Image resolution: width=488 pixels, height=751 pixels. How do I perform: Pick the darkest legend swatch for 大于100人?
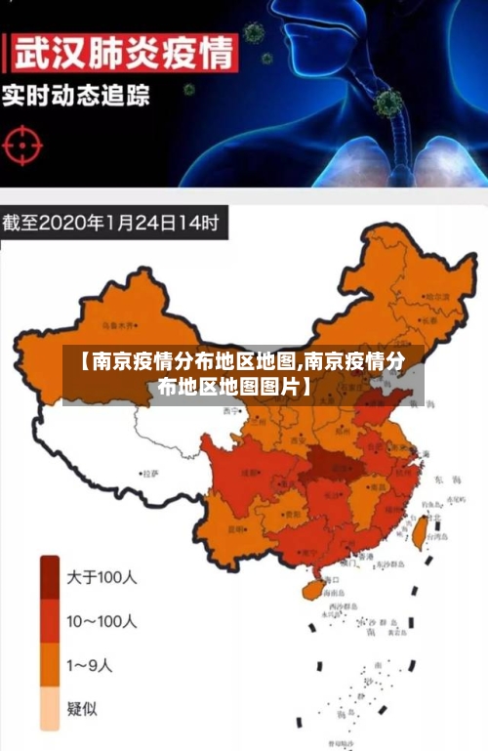(50, 578)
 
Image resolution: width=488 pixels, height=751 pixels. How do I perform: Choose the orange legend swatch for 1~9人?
(50, 666)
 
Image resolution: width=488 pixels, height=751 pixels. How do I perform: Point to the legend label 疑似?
(82, 709)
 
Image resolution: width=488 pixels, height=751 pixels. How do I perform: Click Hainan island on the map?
(310, 589)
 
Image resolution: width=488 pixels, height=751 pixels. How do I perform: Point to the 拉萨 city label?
(150, 474)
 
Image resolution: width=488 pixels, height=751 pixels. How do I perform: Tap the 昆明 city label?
(236, 528)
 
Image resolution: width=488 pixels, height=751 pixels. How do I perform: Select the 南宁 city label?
(307, 553)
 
